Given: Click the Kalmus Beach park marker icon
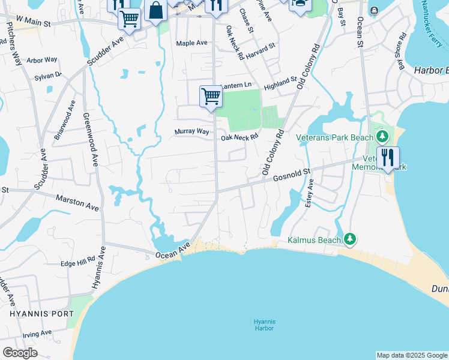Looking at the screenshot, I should coord(350,240).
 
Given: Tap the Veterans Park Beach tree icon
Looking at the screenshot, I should coord(382,137).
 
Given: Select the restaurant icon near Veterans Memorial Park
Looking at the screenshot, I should coord(388,158).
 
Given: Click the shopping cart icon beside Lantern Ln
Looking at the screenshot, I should coord(211,96).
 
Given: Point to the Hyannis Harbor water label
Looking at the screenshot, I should coord(264,325).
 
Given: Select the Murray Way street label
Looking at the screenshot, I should coord(191,131).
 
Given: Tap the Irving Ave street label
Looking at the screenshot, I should coord(37,333).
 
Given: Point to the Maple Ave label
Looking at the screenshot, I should coord(191,43).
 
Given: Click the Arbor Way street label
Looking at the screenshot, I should coord(42,60).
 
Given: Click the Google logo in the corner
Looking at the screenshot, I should coord(20,353).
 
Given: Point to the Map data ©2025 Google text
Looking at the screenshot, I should coord(412,355).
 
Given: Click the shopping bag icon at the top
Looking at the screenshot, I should coord(155,11).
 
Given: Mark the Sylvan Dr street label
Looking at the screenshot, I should coord(48,76).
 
